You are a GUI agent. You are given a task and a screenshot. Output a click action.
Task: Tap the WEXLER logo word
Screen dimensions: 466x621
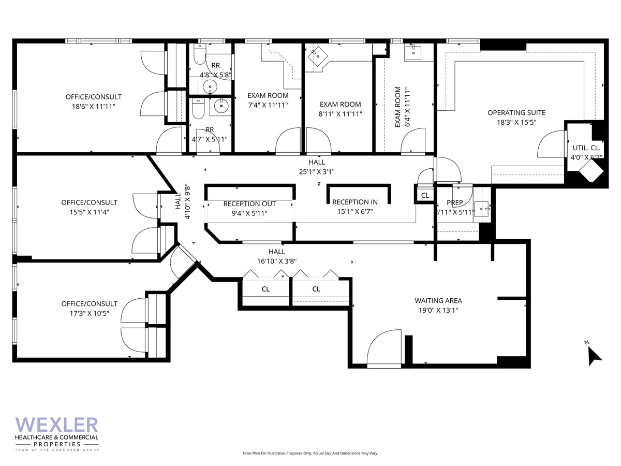(x=56, y=426)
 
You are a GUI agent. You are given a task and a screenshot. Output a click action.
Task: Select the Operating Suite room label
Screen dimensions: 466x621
(x=516, y=113)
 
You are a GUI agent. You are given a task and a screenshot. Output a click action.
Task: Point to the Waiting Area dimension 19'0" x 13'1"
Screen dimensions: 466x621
(x=438, y=310)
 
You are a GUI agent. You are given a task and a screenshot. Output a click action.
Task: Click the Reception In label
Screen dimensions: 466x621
(x=354, y=202)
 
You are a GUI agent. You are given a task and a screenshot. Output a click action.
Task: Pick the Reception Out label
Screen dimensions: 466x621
(x=249, y=204)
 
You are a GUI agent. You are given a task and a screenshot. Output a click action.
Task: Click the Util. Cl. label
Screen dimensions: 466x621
(x=586, y=147)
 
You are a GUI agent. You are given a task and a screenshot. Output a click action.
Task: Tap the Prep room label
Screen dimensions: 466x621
(x=454, y=202)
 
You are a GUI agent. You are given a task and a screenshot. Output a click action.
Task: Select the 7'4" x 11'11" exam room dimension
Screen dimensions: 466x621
(x=268, y=105)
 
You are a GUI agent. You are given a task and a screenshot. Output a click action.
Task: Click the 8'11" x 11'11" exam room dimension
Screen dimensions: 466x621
(x=340, y=114)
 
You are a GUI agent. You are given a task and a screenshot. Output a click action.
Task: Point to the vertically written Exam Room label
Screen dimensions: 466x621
(x=398, y=107)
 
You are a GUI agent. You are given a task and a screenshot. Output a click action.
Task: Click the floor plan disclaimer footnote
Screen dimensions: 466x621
(x=310, y=453)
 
